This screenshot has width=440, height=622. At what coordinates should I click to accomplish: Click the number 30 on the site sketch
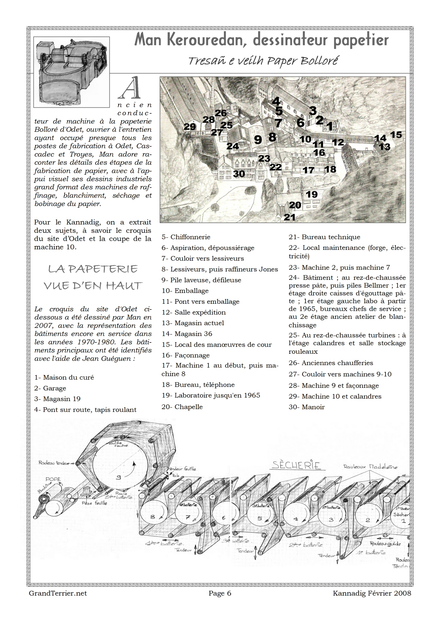pyautogui.click(x=239, y=174)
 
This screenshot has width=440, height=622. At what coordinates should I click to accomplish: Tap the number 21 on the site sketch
pyautogui.click(x=290, y=217)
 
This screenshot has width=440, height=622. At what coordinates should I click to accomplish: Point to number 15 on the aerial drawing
pyautogui.click(x=396, y=134)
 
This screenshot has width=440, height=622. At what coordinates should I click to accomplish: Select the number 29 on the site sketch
pyautogui.click(x=190, y=127)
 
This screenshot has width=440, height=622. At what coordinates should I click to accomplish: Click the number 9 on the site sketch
pyautogui.click(x=258, y=140)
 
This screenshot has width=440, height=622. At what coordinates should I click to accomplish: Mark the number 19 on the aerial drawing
pyautogui.click(x=312, y=194)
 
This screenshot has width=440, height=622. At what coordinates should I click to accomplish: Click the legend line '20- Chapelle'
pyautogui.click(x=182, y=407)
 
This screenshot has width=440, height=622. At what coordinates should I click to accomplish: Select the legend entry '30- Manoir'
pyautogui.click(x=307, y=407)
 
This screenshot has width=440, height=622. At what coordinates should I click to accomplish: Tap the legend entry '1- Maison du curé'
pyautogui.click(x=64, y=378)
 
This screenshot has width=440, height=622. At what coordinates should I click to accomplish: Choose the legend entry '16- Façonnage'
pyautogui.click(x=186, y=355)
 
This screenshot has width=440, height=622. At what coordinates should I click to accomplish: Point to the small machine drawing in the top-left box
pyautogui.click(x=72, y=72)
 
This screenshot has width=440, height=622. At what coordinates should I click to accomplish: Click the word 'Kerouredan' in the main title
pyautogui.click(x=208, y=40)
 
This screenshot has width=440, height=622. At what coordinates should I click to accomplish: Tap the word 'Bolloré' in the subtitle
pyautogui.click(x=319, y=61)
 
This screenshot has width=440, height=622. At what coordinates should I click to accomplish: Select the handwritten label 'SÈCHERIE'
pyautogui.click(x=296, y=465)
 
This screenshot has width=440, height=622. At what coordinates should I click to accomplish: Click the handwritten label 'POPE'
pyautogui.click(x=53, y=479)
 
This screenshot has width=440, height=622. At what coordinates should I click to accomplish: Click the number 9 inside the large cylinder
pyautogui.click(x=118, y=477)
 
